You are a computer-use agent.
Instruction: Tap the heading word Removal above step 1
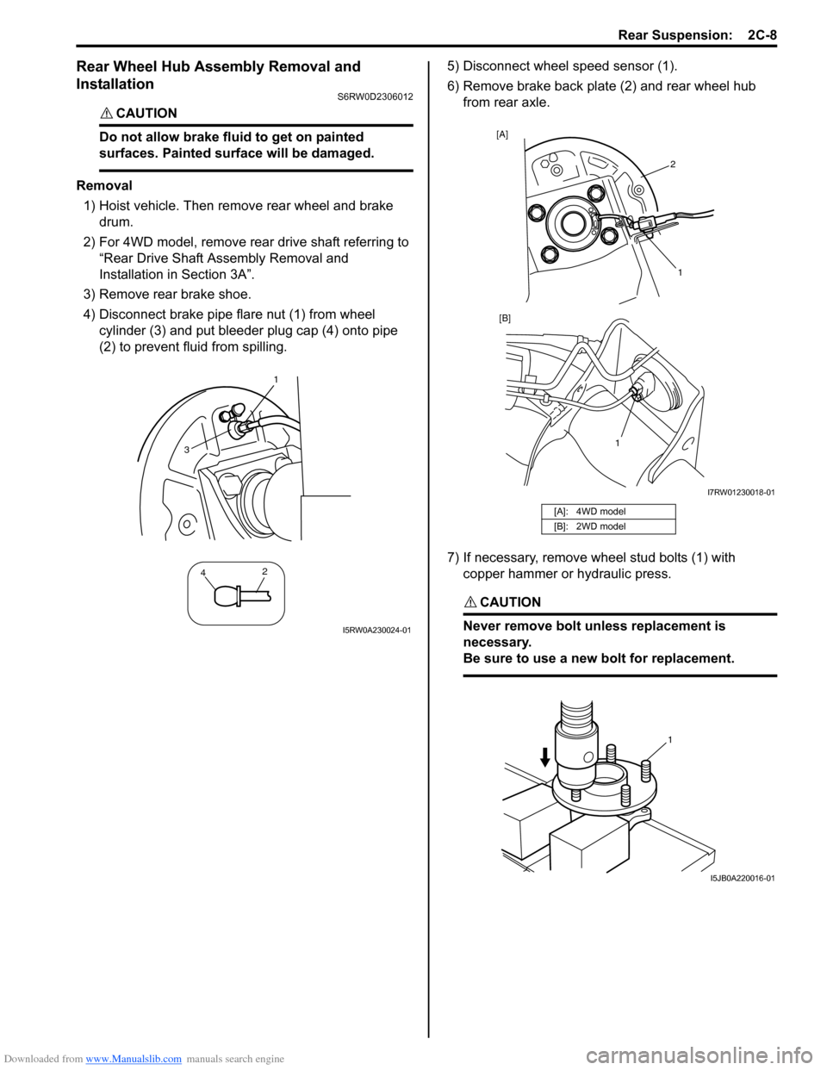104,185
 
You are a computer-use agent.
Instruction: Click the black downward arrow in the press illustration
544,756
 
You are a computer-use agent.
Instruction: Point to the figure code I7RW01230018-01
741,493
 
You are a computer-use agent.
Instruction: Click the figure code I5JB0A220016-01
742,878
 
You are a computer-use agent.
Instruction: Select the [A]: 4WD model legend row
608,512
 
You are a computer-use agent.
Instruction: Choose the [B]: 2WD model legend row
608,526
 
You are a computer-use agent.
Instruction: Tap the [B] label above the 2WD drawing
505,318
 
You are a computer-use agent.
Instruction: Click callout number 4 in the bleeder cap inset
203,573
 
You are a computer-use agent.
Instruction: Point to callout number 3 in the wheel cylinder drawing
185,450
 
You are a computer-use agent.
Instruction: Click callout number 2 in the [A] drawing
673,164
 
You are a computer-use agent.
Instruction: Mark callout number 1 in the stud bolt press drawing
669,739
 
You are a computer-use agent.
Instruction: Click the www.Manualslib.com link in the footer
134,1059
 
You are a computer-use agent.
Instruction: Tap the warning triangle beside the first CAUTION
105,114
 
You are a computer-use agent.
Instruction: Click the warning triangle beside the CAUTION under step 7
469,602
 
